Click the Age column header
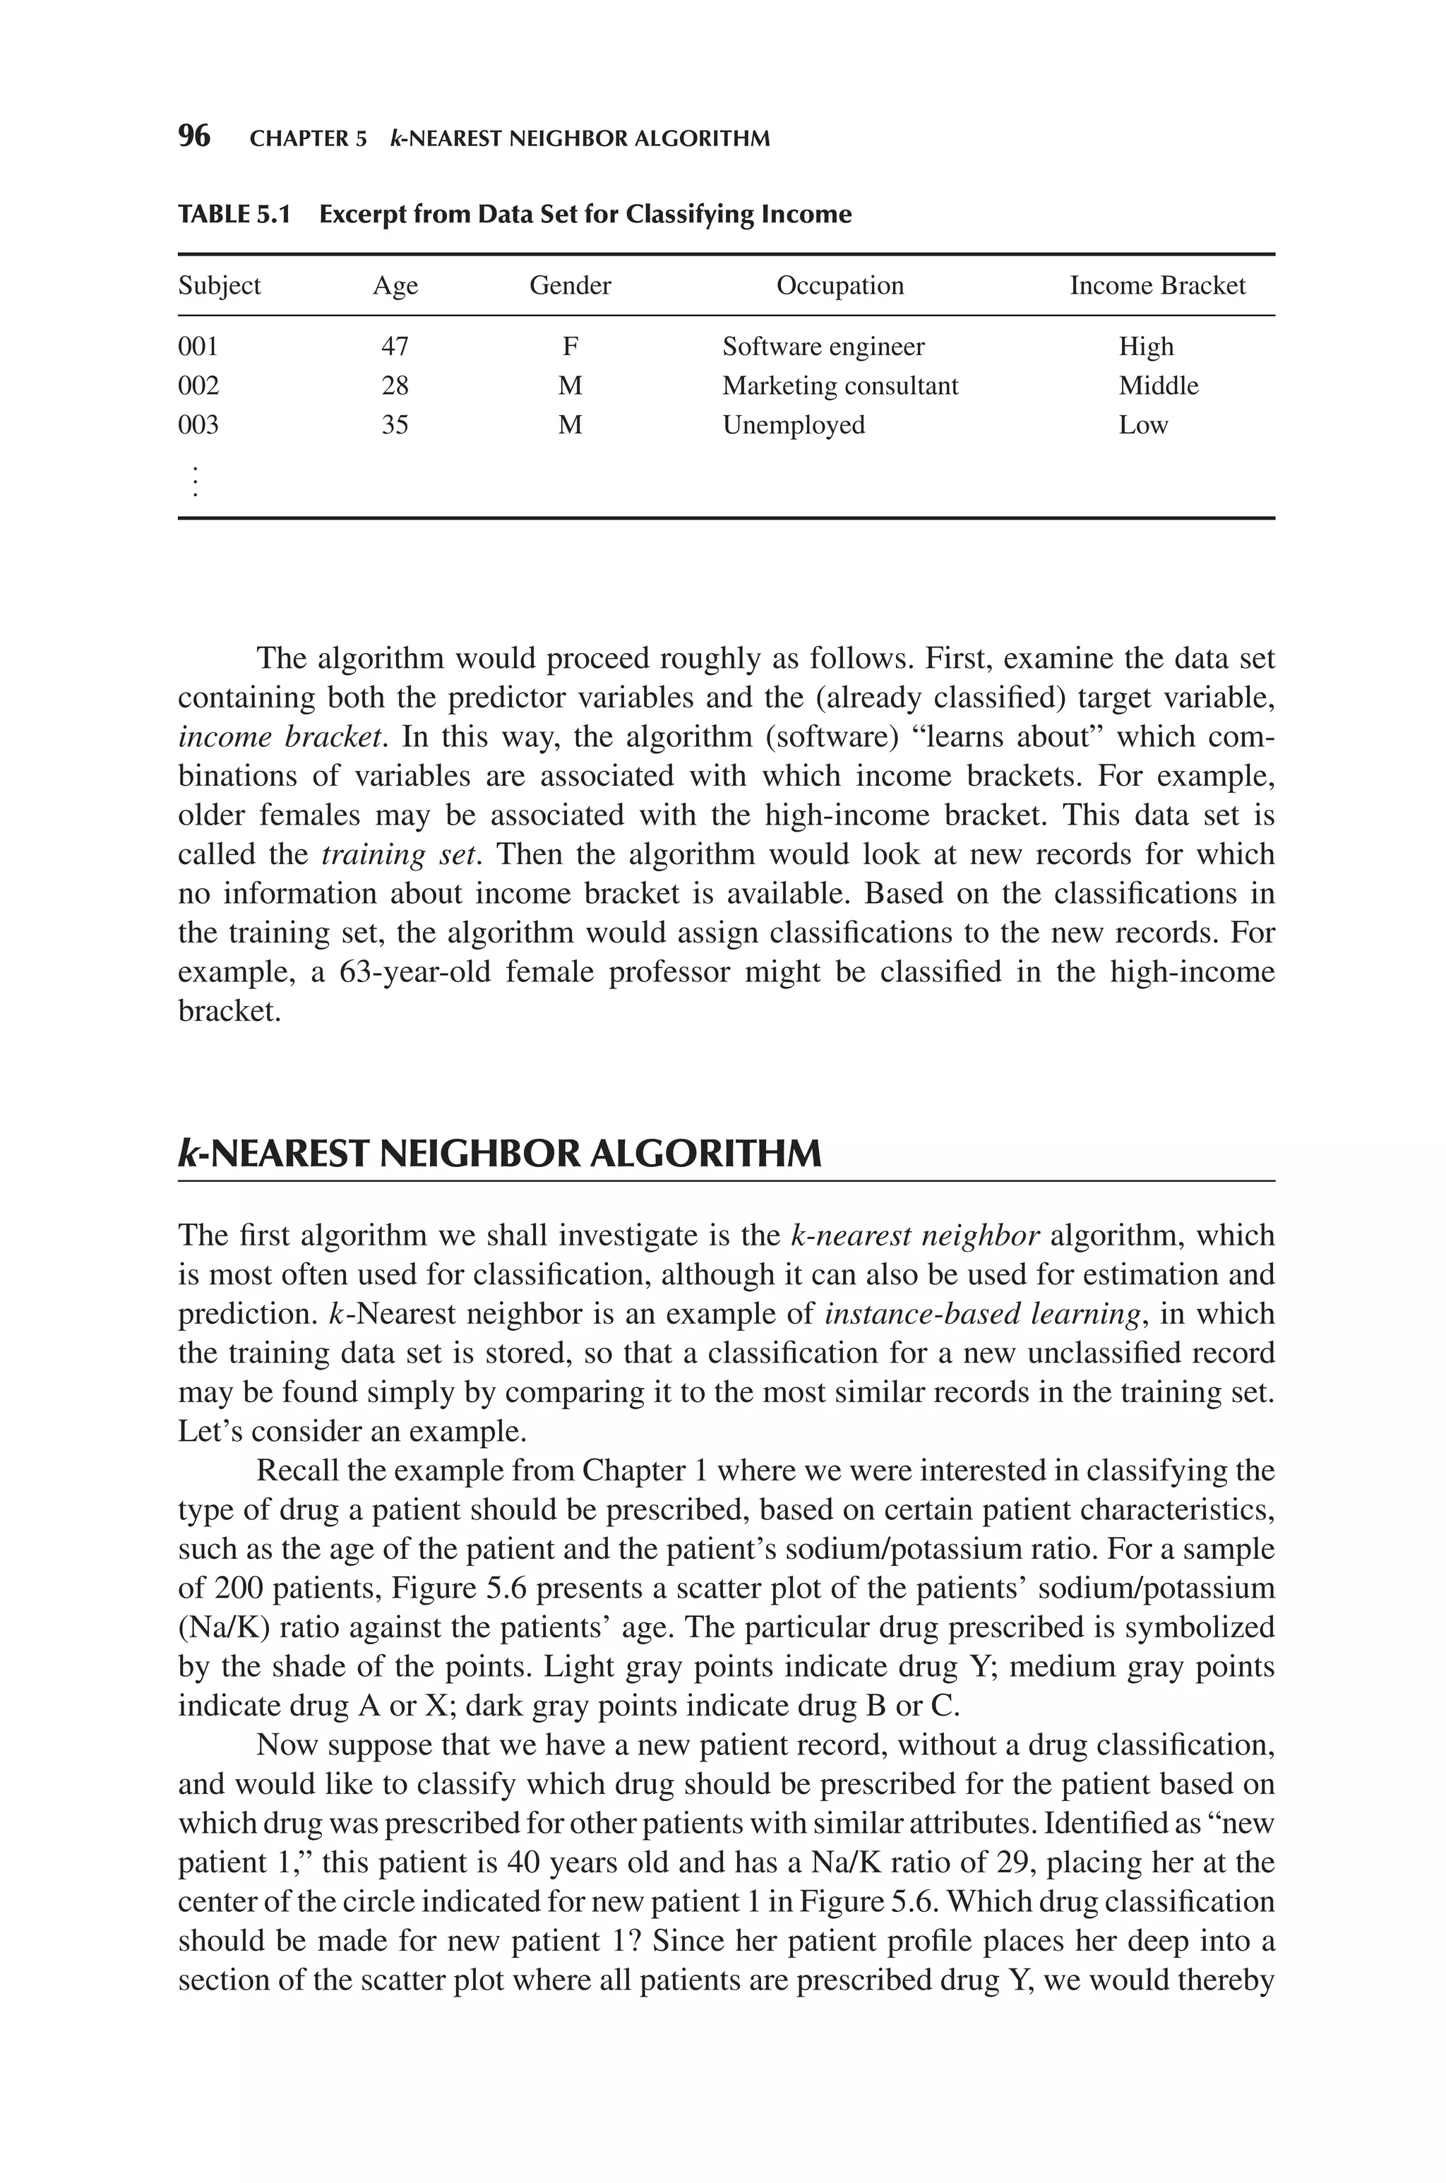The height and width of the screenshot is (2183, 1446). (395, 286)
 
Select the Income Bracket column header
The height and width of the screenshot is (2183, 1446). (1157, 286)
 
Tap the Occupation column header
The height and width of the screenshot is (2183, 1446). (839, 286)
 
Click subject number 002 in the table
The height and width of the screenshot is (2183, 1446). (198, 385)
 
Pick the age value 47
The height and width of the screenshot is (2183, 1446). (395, 347)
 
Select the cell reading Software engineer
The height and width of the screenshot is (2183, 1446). (823, 347)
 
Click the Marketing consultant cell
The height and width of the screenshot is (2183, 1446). (839, 385)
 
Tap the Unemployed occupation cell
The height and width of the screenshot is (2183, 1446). (793, 425)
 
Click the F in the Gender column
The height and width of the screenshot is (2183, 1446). (570, 347)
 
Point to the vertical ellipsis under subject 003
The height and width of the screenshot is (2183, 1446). (195, 482)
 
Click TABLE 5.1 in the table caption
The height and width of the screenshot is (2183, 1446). (234, 215)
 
